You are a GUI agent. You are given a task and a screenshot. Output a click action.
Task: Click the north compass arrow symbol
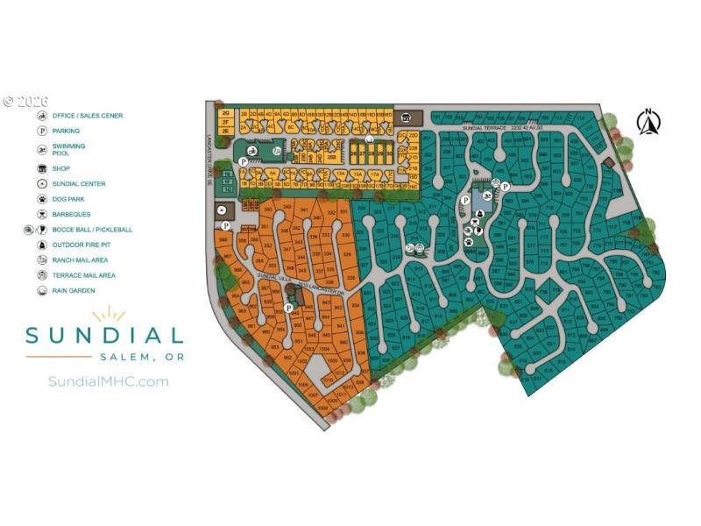click(648, 122)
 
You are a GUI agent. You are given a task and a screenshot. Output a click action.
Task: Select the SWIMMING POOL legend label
click(68, 149)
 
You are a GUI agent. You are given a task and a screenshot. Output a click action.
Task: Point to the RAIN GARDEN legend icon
click(41, 290)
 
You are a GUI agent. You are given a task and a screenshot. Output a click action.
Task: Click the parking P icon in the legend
click(41, 131)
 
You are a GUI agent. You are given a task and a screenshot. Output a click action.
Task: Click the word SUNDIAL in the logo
click(103, 335)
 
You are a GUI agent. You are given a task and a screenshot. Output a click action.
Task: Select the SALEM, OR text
click(141, 357)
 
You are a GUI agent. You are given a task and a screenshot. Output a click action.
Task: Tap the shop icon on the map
click(406, 117)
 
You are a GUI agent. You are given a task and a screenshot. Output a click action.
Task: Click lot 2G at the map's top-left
click(225, 113)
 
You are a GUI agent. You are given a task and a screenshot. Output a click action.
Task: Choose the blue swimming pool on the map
click(252, 151)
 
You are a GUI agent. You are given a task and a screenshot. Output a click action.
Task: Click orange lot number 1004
click(324, 349)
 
